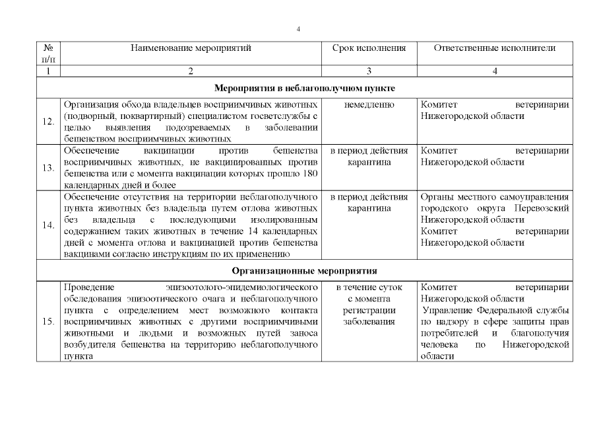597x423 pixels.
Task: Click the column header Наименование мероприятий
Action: (191, 48)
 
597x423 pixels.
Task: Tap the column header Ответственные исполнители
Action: (495, 48)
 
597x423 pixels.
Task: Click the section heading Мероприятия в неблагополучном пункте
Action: (304, 88)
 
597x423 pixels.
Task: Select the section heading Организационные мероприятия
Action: (304, 271)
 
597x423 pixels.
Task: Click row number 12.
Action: (48, 122)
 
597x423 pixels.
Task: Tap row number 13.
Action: (48, 168)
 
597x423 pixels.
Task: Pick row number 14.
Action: (48, 225)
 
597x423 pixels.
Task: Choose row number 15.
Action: (48, 322)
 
